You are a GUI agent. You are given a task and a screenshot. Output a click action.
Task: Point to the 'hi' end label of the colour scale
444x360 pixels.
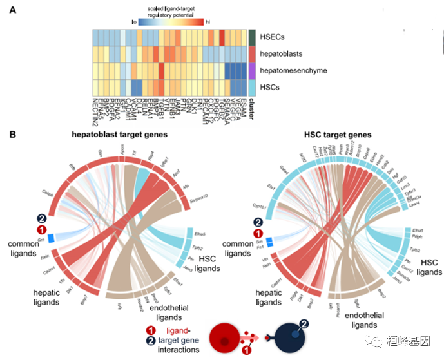(x=208, y=21)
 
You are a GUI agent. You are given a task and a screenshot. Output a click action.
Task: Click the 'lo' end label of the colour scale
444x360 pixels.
(x=134, y=21)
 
